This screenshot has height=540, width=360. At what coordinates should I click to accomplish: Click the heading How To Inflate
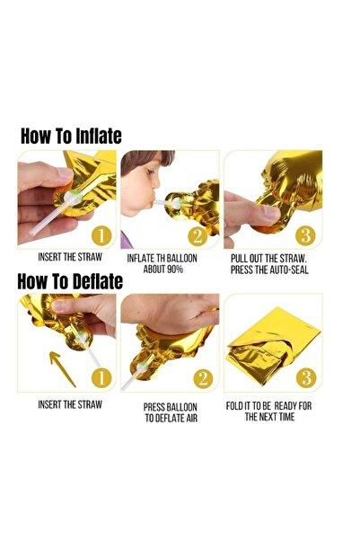[71, 136]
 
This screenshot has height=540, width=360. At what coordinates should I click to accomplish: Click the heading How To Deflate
[70, 281]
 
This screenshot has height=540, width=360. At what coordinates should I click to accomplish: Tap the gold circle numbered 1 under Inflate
[101, 235]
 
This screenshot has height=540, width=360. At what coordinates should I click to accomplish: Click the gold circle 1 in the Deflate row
[101, 378]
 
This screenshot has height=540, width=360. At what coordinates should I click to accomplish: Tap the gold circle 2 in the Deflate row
[203, 378]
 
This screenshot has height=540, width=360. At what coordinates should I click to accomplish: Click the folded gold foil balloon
[269, 346]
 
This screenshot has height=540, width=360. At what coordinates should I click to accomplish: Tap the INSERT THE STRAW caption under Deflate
[69, 405]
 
